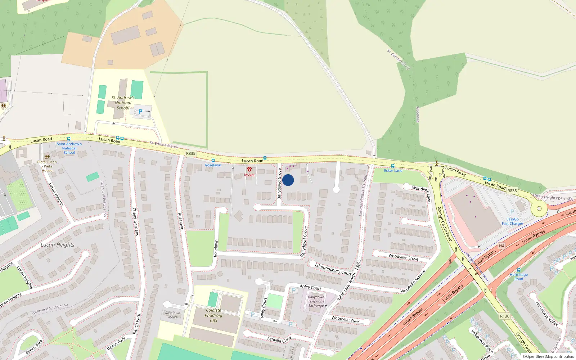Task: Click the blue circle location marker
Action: [288, 180]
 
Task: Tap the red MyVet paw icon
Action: [249, 169]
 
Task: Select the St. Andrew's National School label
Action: [123, 103]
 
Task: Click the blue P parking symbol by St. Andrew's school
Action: [140, 112]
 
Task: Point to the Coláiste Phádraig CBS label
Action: [213, 315]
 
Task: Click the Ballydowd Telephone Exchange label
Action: [316, 301]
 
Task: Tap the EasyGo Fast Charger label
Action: [513, 221]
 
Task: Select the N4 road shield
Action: [501, 246]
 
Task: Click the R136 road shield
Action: [504, 316]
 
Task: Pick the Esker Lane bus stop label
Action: [393, 171]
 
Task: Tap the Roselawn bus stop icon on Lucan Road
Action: [213, 161]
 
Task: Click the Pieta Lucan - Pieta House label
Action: [47, 166]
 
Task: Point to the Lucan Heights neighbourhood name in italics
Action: [58, 245]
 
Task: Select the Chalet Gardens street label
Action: [135, 221]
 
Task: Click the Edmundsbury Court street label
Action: [333, 269]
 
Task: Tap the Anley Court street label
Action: [310, 287]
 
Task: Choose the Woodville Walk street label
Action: [345, 319]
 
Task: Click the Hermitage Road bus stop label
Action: [519, 276]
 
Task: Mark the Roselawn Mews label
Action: [172, 315]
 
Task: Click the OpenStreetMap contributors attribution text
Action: [548, 357]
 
